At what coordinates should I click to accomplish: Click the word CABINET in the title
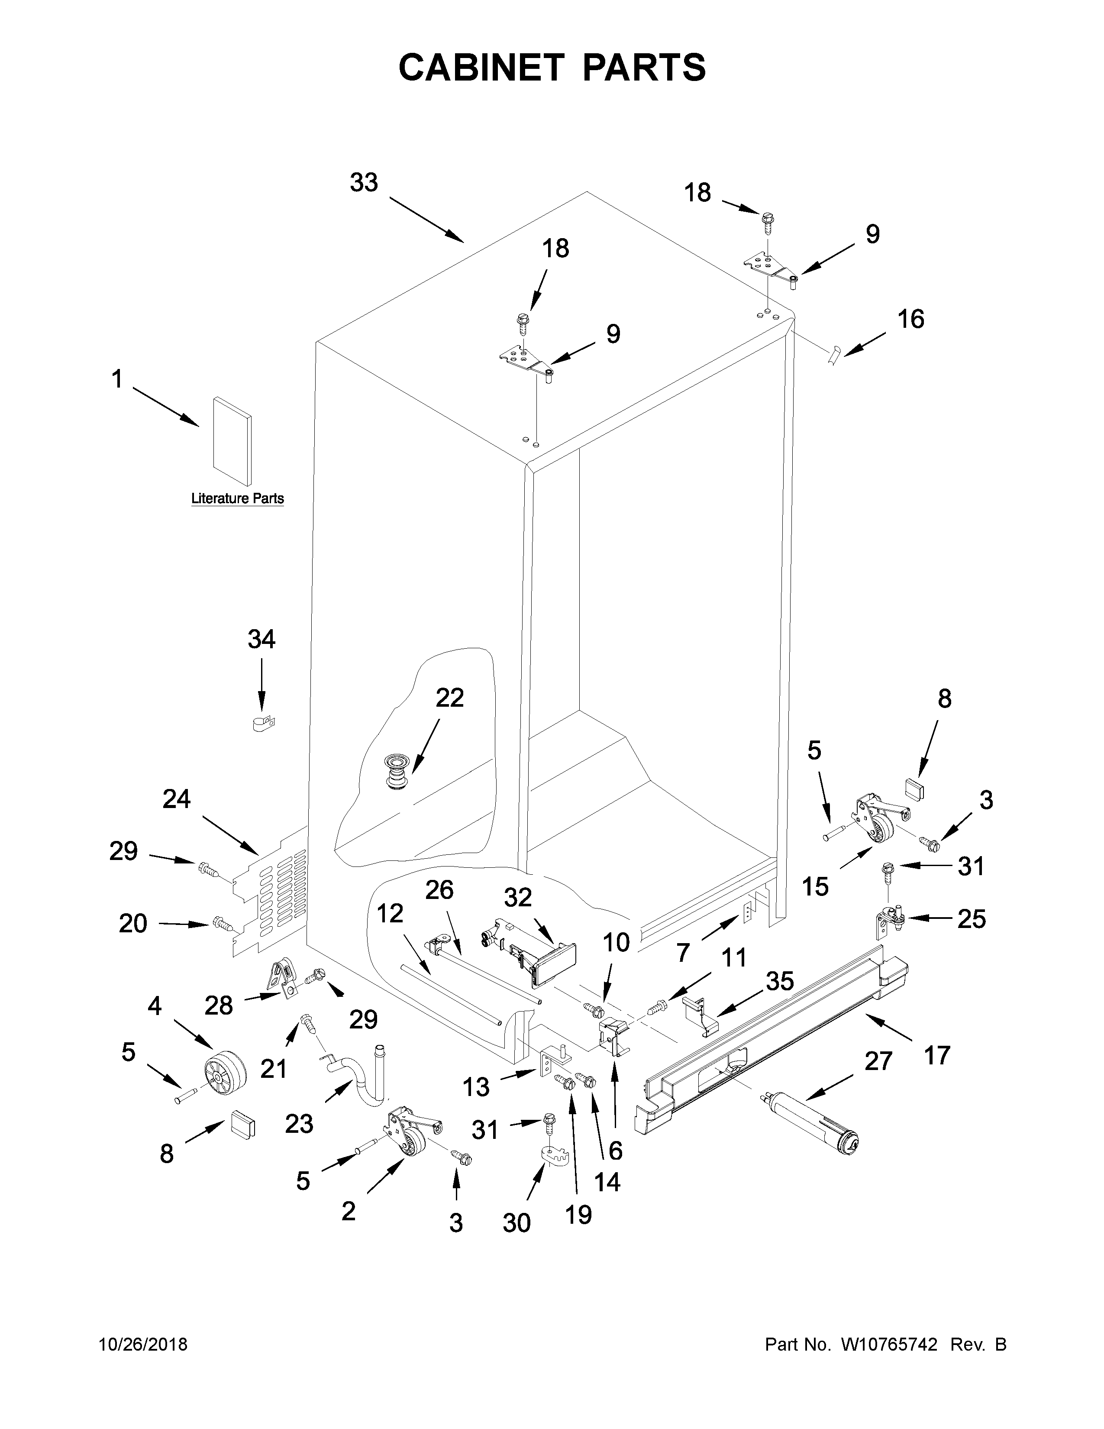pyautogui.click(x=481, y=68)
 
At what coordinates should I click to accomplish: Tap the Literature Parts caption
pyautogui.click(x=237, y=498)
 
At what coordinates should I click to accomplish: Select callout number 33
pyautogui.click(x=364, y=183)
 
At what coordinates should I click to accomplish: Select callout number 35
pyautogui.click(x=780, y=981)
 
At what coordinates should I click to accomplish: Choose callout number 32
pyautogui.click(x=517, y=897)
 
